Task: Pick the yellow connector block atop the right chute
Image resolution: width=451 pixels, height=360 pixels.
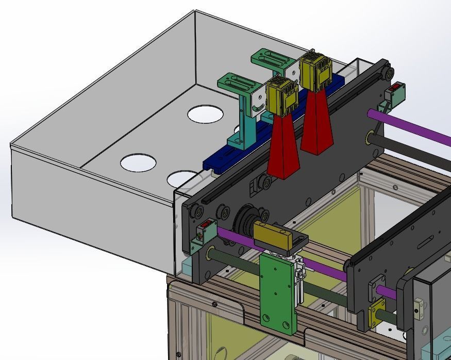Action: [314, 72]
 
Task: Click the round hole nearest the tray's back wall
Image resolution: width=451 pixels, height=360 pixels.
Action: [205, 113]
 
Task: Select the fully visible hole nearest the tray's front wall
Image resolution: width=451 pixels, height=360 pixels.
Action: [138, 163]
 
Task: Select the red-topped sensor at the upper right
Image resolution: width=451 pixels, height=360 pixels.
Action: [396, 93]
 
